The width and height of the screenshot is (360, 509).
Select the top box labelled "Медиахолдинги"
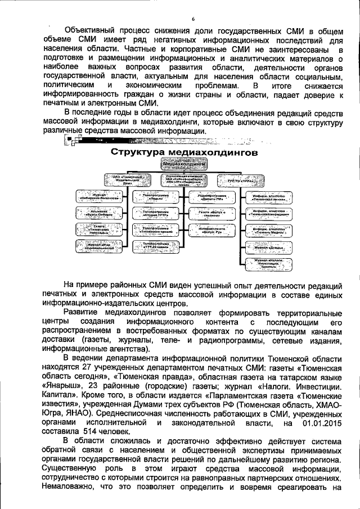coord(184,164)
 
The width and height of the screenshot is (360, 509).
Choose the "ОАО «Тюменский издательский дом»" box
coord(127,180)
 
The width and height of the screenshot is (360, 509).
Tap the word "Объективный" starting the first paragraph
coord(93,29)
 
